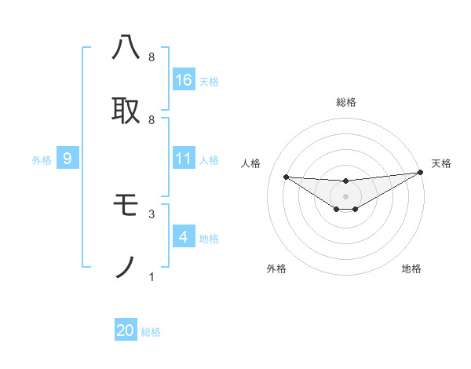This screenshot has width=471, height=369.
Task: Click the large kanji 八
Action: pyautogui.click(x=126, y=48)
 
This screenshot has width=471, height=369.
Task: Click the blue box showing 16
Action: pyautogui.click(x=184, y=79)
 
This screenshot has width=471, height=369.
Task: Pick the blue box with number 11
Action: pyautogui.click(x=184, y=159)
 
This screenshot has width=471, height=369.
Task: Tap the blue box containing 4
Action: pyautogui.click(x=184, y=237)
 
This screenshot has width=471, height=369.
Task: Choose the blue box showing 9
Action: pyautogui.click(x=68, y=159)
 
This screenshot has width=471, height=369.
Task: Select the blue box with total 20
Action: pyautogui.click(x=126, y=331)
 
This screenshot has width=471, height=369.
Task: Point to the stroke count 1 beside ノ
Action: pyautogui.click(x=151, y=276)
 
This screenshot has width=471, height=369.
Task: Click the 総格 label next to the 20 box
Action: pyautogui.click(x=151, y=332)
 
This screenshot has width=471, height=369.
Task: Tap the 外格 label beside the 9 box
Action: pyautogui.click(x=42, y=160)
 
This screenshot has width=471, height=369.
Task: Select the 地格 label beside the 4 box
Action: pyautogui.click(x=209, y=239)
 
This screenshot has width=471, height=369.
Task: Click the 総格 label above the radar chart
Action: pyautogui.click(x=345, y=102)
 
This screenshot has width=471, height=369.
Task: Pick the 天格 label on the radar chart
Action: pyautogui.click(x=441, y=163)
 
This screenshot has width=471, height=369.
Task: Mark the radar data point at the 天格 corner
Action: pyautogui.click(x=421, y=173)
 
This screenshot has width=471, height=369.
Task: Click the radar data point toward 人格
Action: pyautogui.click(x=286, y=177)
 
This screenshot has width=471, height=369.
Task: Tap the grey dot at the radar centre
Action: pyautogui.click(x=345, y=195)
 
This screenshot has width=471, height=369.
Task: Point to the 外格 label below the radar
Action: pyautogui.click(x=276, y=269)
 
